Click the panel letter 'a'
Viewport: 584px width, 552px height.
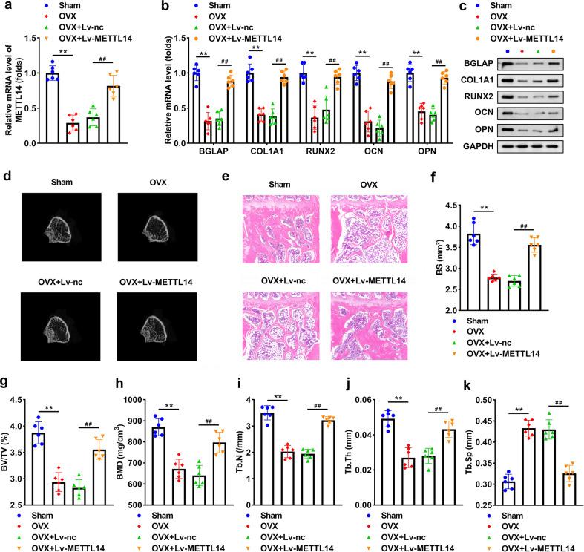tap(6, 6)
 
